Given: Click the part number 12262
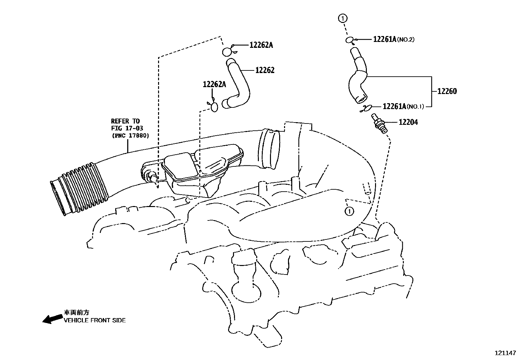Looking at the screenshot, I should click(265, 70).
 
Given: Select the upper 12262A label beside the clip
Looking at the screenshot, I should click(261, 45).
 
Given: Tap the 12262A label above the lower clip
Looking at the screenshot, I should click(214, 84).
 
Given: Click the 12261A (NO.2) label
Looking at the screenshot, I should click(394, 39).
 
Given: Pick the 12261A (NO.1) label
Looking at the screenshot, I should click(403, 106).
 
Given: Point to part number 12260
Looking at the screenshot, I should click(447, 91).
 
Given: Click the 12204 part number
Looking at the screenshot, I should click(408, 123).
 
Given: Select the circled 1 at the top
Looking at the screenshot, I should click(343, 18).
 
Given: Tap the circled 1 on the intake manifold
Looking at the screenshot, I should click(350, 211).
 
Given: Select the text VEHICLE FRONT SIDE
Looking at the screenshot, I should click(95, 320).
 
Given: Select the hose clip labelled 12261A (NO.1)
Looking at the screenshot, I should click(366, 108).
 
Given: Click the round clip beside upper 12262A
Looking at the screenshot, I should click(227, 52).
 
